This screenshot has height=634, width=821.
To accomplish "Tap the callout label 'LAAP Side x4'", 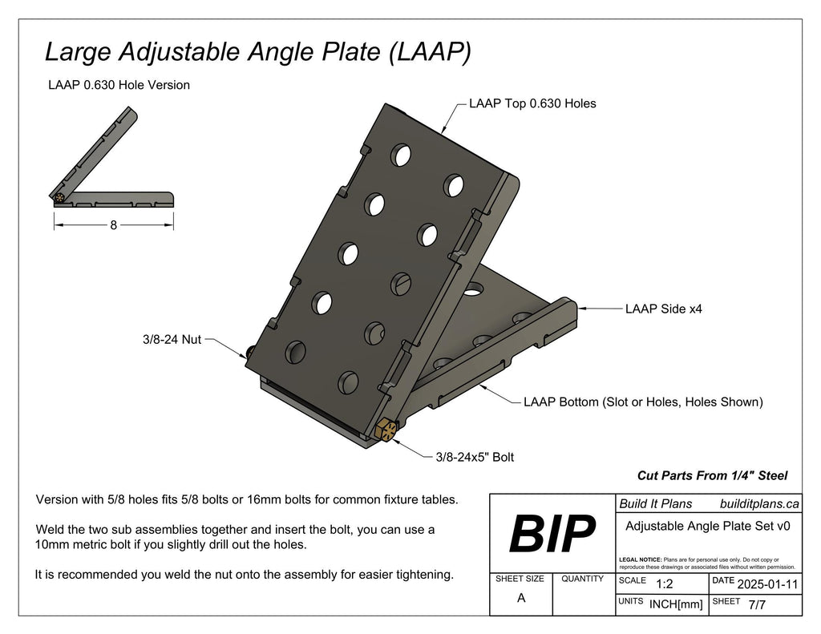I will pos(663,309).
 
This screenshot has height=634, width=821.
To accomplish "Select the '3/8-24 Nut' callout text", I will pos(172,339).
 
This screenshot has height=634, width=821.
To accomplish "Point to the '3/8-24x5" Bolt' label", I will pos(475,458).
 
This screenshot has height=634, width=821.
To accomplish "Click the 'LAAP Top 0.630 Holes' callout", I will pos(532,103).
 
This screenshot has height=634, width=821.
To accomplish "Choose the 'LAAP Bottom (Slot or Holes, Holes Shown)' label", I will pos(642,402).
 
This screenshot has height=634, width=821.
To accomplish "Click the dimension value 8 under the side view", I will pos(114,226).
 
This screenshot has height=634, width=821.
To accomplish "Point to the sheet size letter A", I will pos(521,597).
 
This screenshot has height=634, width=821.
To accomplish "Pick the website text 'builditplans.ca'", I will pos(759,504).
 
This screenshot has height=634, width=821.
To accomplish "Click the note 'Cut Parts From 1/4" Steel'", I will pos(712,475).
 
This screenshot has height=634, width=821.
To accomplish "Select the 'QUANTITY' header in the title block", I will pos(583,579).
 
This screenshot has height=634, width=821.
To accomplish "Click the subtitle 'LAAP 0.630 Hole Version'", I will pos(119,85).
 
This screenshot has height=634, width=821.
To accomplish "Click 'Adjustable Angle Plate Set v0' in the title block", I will pos(708,527).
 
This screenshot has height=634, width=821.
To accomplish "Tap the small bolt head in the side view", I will pos(60,197).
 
